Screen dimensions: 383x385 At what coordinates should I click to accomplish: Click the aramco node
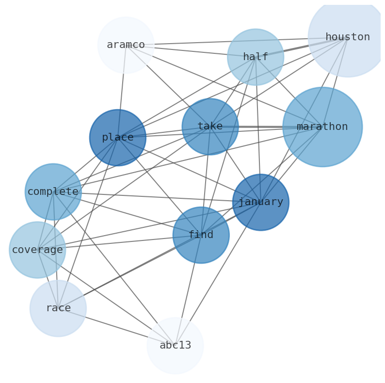tap(126, 45)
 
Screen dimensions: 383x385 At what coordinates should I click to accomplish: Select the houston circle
tap(347, 37)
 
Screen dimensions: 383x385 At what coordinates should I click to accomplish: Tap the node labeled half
tap(256, 57)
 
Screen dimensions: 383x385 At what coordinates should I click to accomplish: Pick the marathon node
tap(322, 127)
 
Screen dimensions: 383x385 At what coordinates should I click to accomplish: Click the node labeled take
tap(210, 127)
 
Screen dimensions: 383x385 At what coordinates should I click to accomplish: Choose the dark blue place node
tap(118, 138)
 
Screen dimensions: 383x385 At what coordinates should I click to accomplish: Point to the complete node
tap(53, 192)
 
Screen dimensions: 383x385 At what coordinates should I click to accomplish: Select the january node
tap(261, 202)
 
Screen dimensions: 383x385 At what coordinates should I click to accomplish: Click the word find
tap(201, 235)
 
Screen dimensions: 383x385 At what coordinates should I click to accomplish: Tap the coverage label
tap(37, 250)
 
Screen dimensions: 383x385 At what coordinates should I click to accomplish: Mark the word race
tap(58, 308)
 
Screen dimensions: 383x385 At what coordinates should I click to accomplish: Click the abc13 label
tap(175, 346)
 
